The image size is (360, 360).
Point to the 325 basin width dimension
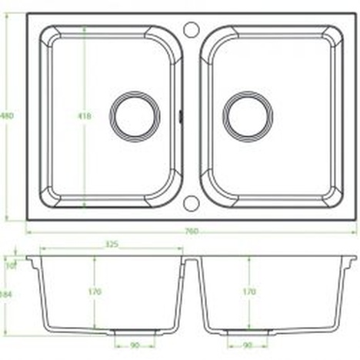pos(111,245)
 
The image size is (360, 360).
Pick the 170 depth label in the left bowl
pos(95,292)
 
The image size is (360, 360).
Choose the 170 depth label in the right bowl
pos(248,292)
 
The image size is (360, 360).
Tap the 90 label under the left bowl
pos(134,345)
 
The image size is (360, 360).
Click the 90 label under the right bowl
pos(248,345)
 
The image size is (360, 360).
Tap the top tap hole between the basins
pos(192,30)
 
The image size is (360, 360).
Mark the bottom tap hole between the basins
pos(192,204)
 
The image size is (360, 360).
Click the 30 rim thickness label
pos(11,266)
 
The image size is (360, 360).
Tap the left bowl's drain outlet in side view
pos(134,332)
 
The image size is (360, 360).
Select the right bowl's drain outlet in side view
pos(248,332)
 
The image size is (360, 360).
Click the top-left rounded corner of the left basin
pos(48,37)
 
